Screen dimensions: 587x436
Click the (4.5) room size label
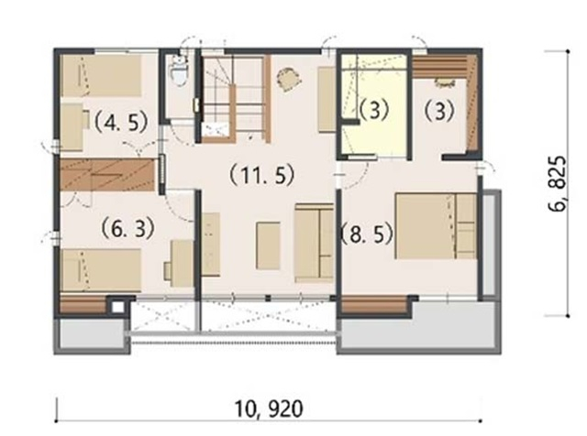coord(120,122)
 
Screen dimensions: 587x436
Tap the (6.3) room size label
coord(128,228)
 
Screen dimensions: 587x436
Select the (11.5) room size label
coord(262,175)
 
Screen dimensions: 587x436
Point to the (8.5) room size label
coord(367,234)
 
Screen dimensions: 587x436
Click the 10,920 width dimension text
coord(269,409)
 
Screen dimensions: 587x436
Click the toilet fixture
coord(179,71)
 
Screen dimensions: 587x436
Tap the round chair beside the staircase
coord(289,79)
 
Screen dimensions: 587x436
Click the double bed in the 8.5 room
coord(436,226)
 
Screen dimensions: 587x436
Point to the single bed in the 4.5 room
coord(101,76)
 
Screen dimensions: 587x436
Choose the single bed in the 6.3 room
coord(101,270)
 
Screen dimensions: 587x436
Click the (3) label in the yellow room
coord(374,109)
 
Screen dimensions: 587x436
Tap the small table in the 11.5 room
coord(268,245)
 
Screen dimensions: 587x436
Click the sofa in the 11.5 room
coord(314,243)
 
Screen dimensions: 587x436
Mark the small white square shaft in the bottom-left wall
coord(118,307)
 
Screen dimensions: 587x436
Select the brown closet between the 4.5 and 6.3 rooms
coord(107,175)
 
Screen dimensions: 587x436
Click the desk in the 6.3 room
coord(179,264)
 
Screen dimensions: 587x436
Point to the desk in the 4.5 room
coord(74,127)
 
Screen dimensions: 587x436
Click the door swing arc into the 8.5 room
coord(355,179)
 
